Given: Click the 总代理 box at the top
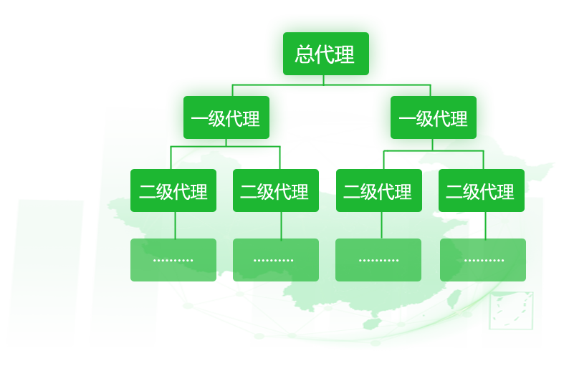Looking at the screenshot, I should coord(325,54).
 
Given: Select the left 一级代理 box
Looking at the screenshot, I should coord(226,117).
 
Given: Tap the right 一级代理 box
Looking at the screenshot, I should coord(433,117).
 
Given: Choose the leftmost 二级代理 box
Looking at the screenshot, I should coord(173,191).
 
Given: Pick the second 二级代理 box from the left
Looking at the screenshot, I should coord(275,191).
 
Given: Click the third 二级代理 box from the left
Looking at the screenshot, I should coord(378,191).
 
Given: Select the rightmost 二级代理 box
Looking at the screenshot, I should coord(481,191).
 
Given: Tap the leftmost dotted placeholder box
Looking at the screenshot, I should coord(173,259).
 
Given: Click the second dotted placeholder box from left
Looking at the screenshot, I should coord(275,259).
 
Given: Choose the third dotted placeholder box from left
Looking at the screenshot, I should coord(378,259).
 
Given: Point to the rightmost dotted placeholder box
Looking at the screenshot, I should coord(482,259).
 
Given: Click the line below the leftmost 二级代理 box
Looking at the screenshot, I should coord(173,225).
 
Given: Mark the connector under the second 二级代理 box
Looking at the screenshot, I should coord(281,225).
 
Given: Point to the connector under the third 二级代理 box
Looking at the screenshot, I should coord(381,225).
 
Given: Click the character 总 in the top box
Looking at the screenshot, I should coord(305,54).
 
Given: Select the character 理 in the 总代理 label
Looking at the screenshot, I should coord(345,54).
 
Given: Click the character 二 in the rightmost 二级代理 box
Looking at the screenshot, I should coord(454,192).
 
